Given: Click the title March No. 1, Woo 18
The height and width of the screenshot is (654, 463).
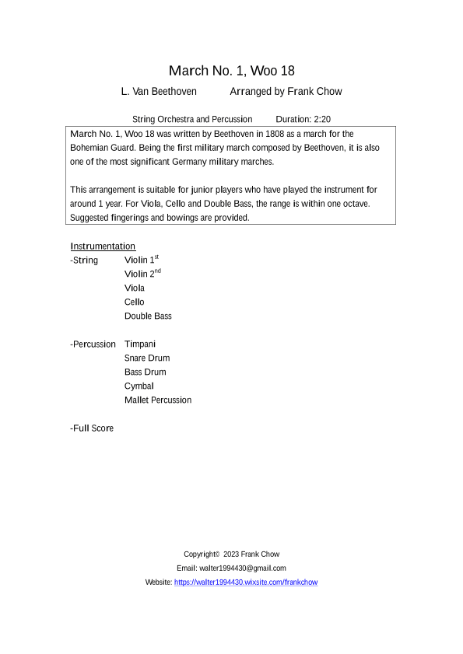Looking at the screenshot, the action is coord(231,72).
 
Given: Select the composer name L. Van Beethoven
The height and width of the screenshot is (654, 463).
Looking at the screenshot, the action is coord(159,92).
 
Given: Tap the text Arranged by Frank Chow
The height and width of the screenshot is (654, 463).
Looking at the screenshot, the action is coord(286,92).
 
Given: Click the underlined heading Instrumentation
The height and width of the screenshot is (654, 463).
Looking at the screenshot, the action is coord(103,247).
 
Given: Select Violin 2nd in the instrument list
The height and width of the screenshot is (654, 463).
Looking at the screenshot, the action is coord(142,274).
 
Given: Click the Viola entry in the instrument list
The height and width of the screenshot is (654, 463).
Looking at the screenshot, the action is coord(135,288).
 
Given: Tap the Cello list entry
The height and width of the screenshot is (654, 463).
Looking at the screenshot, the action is coord(134,302).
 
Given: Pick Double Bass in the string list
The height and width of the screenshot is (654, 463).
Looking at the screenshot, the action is coord(148,316).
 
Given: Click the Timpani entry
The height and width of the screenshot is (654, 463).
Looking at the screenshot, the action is coord(140,344).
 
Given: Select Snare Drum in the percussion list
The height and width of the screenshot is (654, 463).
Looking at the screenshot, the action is coord(147,358).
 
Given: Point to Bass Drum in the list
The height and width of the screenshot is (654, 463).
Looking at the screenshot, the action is coord(145,372).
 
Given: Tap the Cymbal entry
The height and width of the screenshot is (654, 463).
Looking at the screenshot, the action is coord(139,386).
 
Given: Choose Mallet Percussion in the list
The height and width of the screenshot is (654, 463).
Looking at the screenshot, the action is coord(157,400).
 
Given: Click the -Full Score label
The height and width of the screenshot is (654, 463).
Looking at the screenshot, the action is coord(92,428).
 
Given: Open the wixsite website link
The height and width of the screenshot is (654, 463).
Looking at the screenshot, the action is coord(245,582).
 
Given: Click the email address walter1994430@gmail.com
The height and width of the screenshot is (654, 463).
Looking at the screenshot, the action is coord(242,568).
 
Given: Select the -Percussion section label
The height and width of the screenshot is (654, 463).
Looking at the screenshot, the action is coord(93,344).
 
